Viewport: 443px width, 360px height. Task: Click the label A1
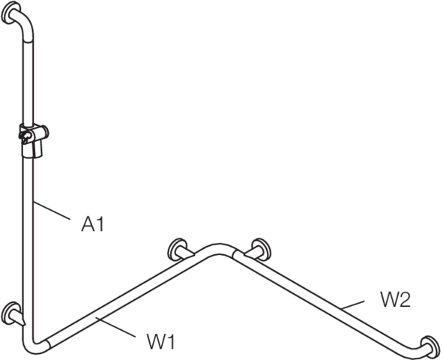pyautogui.click(x=93, y=225)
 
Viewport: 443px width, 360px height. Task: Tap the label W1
pyautogui.click(x=160, y=341)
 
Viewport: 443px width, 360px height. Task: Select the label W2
pyautogui.click(x=395, y=299)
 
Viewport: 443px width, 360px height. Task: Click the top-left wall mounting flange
pyautogui.click(x=10, y=13)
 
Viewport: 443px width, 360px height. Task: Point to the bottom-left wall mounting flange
pyautogui.click(x=10, y=313)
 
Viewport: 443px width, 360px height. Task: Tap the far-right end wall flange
pyautogui.click(x=430, y=346)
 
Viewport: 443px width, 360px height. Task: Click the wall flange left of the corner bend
pyautogui.click(x=177, y=250)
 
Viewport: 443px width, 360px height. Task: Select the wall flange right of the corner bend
pyautogui.click(x=262, y=250)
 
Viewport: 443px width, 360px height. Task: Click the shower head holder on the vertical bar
pyautogui.click(x=33, y=139)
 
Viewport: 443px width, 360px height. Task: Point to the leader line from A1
pyautogui.click(x=52, y=210)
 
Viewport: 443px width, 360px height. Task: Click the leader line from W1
pyautogui.click(x=115, y=327)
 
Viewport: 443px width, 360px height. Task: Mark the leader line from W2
pyautogui.click(x=352, y=305)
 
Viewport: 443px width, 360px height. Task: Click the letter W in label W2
pyautogui.click(x=390, y=300)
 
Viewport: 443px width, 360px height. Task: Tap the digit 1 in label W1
pyautogui.click(x=171, y=342)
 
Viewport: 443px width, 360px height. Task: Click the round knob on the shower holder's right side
pyautogui.click(x=45, y=132)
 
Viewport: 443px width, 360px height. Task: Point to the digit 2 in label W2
pyautogui.click(x=406, y=299)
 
